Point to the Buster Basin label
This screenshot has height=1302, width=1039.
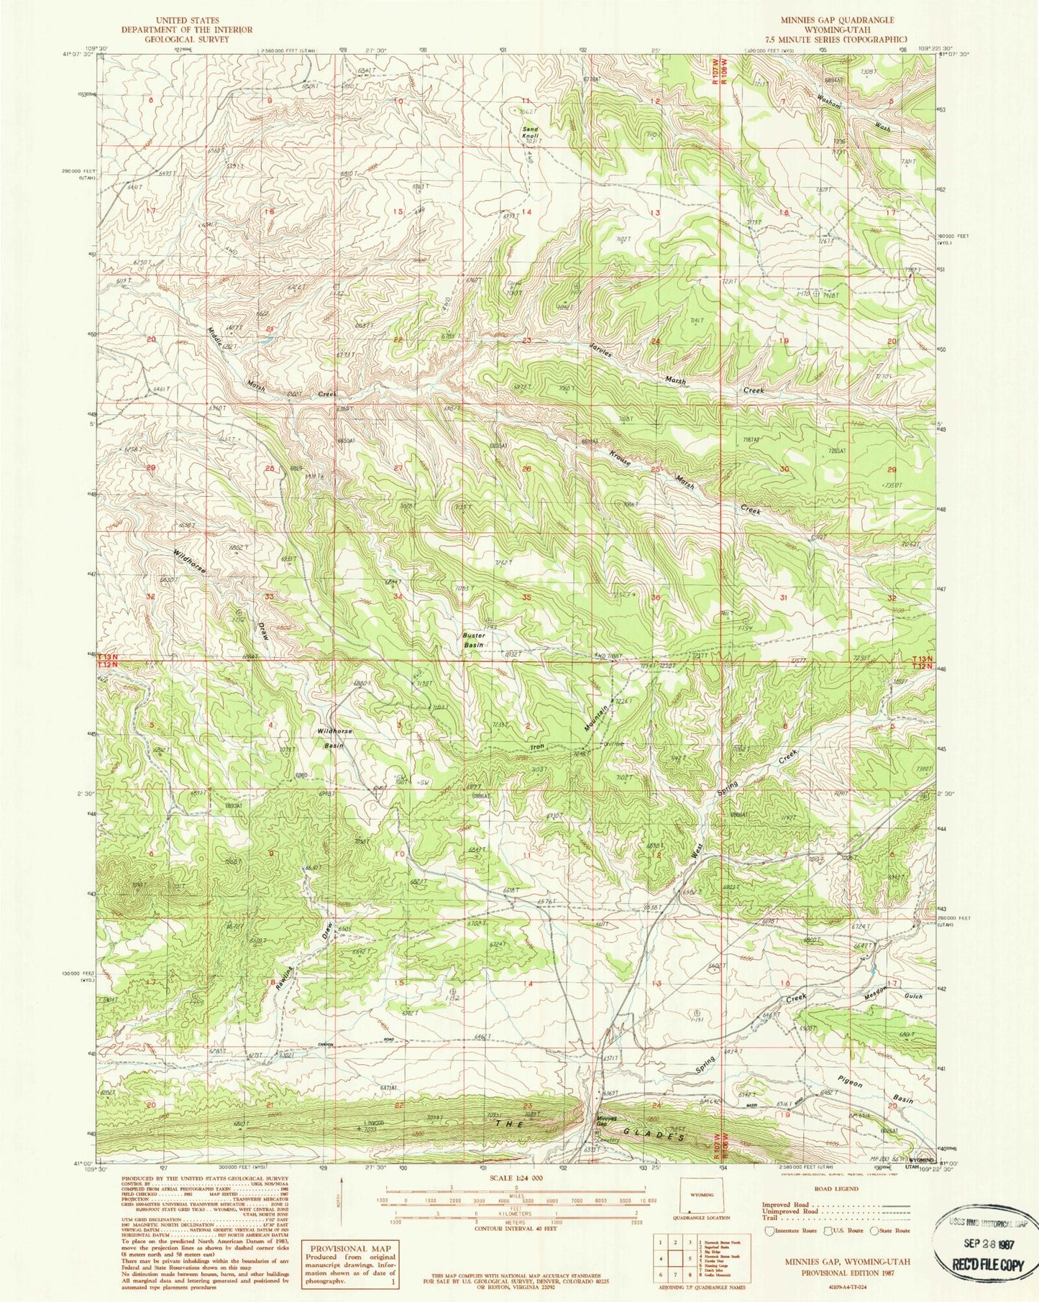point(474,640)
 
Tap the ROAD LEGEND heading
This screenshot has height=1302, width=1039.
point(836,1190)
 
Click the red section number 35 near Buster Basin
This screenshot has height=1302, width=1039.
point(527,597)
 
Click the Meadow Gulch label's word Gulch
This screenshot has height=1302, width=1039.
point(913,997)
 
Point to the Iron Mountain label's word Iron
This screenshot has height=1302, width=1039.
point(537,748)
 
